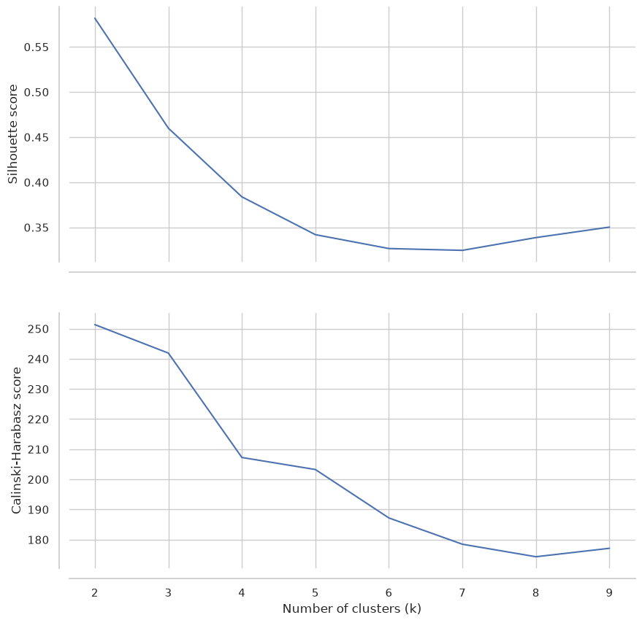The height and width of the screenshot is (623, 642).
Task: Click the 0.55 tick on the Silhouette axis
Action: [x=36, y=47]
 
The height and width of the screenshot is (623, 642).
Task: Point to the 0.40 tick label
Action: [x=36, y=183]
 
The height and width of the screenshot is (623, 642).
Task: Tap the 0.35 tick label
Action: [x=36, y=228]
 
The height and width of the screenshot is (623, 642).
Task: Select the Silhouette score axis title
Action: [x=12, y=134]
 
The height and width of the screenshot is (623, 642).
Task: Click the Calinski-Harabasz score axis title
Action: [x=16, y=440]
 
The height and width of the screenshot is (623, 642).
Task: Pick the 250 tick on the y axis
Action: [x=38, y=329]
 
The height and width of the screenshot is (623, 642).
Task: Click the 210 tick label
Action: [x=38, y=450]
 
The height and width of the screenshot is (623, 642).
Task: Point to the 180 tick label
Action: [x=38, y=541]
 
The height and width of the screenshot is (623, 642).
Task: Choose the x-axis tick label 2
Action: [x=94, y=593]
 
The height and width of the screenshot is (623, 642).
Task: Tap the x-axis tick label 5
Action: [x=316, y=593]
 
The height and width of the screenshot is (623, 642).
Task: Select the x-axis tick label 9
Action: [x=609, y=593]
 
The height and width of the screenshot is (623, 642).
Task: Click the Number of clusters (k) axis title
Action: [x=352, y=609]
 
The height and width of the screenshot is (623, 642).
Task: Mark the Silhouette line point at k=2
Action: [x=95, y=18]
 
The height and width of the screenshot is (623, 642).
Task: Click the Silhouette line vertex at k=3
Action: [x=169, y=128]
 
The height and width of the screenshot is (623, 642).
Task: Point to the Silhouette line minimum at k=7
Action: [x=462, y=250]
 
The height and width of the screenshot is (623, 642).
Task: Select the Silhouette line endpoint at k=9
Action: [x=610, y=227]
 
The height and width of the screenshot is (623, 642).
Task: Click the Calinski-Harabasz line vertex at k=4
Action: [x=242, y=457]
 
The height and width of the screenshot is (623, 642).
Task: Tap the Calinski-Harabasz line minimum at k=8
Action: [x=536, y=557]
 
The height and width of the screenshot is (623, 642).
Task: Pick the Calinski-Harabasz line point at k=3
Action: [x=169, y=353]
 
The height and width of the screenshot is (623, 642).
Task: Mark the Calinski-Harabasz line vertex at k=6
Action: [x=389, y=518]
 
